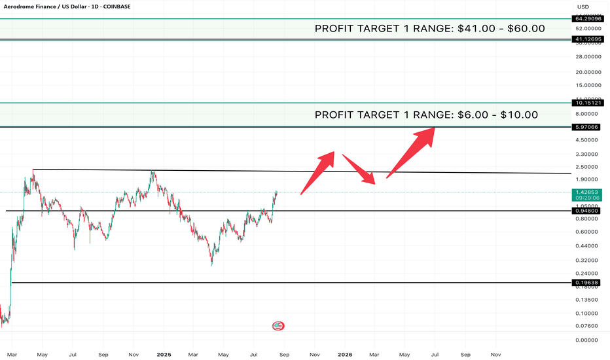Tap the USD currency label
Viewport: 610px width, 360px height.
[582, 7]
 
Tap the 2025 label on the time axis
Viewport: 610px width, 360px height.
[164, 355]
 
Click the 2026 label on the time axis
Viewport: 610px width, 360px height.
[345, 355]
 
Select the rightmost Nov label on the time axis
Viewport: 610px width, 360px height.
[495, 355]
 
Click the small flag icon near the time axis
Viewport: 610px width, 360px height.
[278, 326]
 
